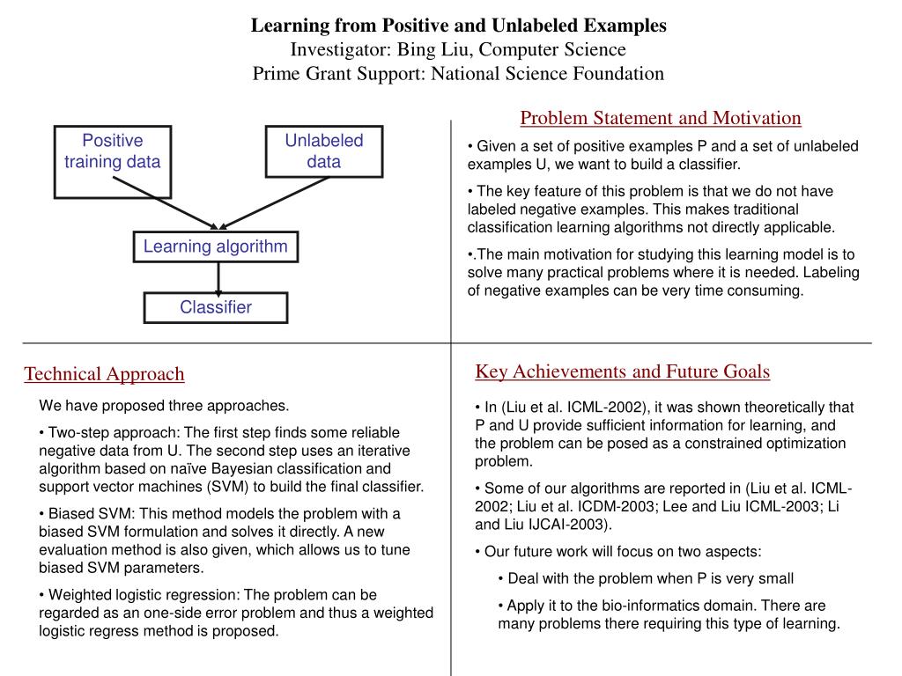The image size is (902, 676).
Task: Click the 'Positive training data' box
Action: [x=113, y=161]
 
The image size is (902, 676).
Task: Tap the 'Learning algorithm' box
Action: [x=216, y=246]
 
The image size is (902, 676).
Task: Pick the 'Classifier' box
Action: [x=216, y=307]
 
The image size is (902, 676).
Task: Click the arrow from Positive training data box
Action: [x=164, y=202]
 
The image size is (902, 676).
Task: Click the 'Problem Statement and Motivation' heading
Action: [x=661, y=118]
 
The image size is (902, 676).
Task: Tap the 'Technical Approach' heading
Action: [x=104, y=374]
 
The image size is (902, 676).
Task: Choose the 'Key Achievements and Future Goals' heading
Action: [x=623, y=371]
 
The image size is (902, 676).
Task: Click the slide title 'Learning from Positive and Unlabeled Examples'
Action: [x=459, y=25]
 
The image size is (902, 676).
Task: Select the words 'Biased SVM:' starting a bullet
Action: [x=87, y=513]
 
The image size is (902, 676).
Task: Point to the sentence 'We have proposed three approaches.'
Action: [x=164, y=406]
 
